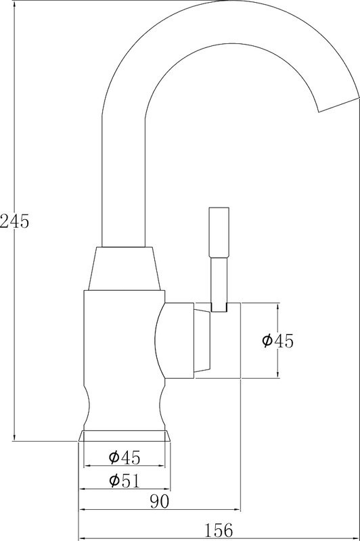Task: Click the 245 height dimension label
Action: pyautogui.click(x=15, y=221)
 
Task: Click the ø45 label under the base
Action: pyautogui.click(x=125, y=458)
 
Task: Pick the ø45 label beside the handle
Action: pyautogui.click(x=277, y=341)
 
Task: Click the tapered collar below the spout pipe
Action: pyautogui.click(x=125, y=268)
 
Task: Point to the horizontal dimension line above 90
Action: pyautogui.click(x=160, y=509)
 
